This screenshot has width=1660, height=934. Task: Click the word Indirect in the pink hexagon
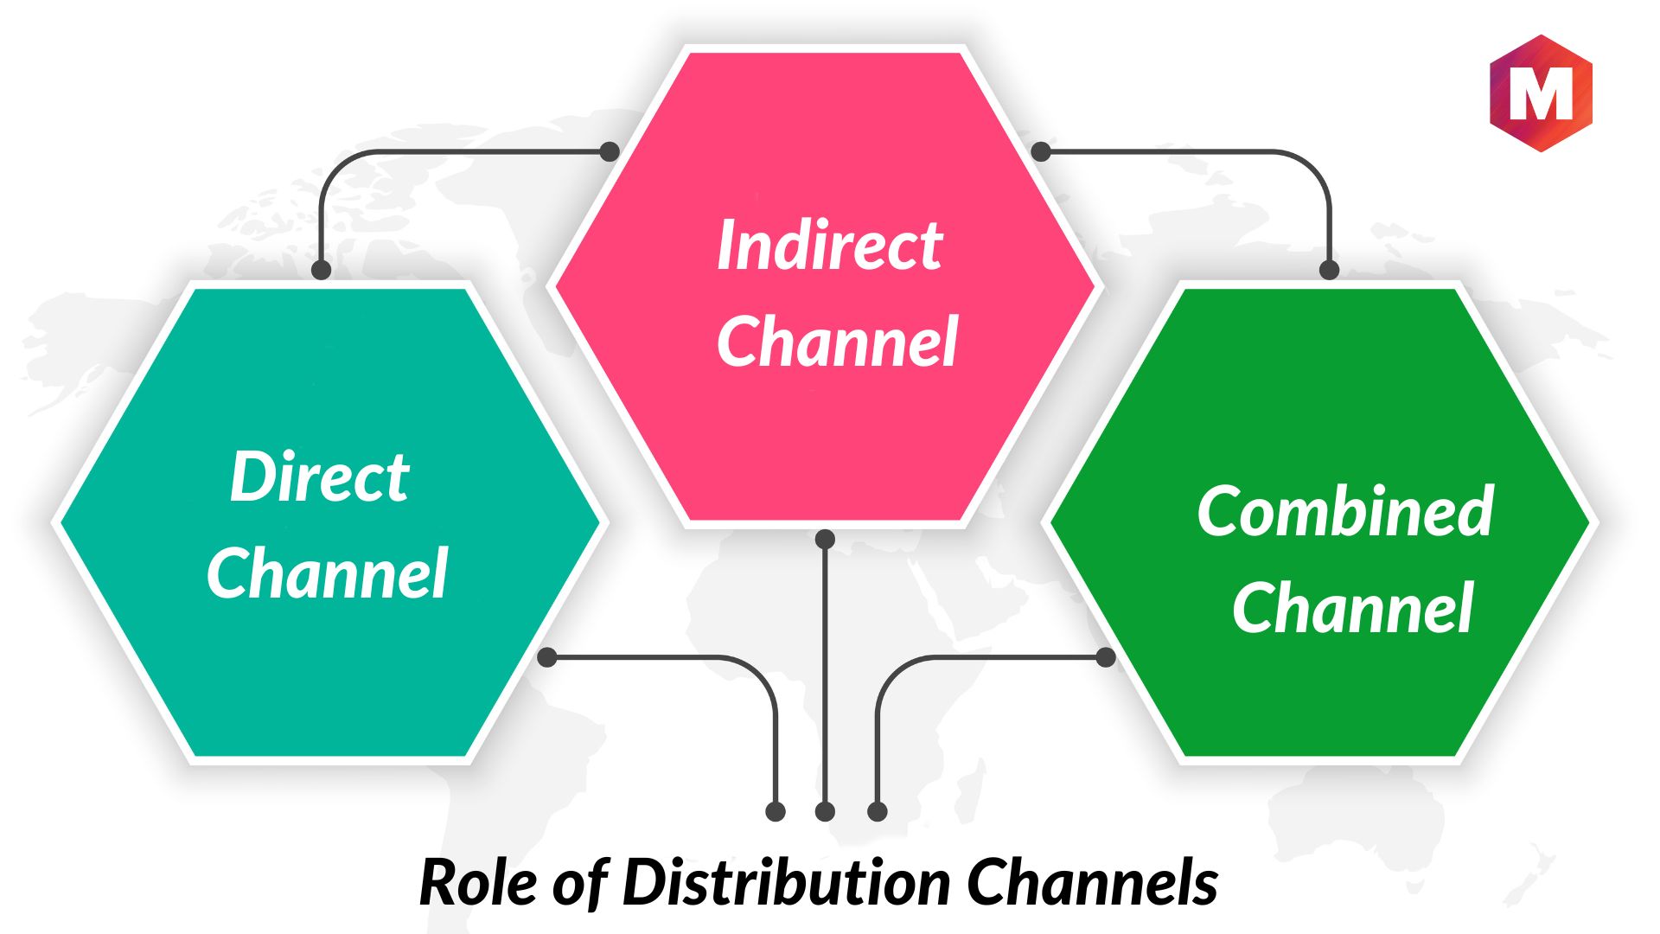pyautogui.click(x=829, y=245)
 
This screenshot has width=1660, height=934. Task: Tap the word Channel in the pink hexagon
pyautogui.click(x=837, y=342)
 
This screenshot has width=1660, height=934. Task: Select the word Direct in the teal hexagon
pyautogui.click(x=319, y=477)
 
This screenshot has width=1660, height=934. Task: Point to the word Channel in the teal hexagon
pyautogui.click(x=327, y=573)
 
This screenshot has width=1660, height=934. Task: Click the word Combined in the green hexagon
pyautogui.click(x=1345, y=511)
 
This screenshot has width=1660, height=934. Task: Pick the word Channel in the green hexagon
pyautogui.click(x=1352, y=608)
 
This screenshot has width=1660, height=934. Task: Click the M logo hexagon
pyautogui.click(x=1541, y=93)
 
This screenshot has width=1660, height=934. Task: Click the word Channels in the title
pyautogui.click(x=1092, y=882)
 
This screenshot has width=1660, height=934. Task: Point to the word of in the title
pyautogui.click(x=580, y=882)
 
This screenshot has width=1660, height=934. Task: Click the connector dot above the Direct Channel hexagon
pyautogui.click(x=321, y=270)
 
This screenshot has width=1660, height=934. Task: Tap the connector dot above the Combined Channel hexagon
pyautogui.click(x=1329, y=270)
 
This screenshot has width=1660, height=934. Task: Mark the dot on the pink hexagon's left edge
pyautogui.click(x=610, y=152)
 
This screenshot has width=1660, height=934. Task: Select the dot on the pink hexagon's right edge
pyautogui.click(x=1041, y=152)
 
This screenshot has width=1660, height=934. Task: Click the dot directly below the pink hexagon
pyautogui.click(x=825, y=540)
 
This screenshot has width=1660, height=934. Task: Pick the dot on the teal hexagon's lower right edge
pyautogui.click(x=547, y=657)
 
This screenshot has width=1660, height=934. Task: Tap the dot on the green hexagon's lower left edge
pyautogui.click(x=1105, y=657)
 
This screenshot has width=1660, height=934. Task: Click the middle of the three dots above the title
pyautogui.click(x=825, y=811)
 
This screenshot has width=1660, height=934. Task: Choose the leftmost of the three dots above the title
pyautogui.click(x=776, y=811)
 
